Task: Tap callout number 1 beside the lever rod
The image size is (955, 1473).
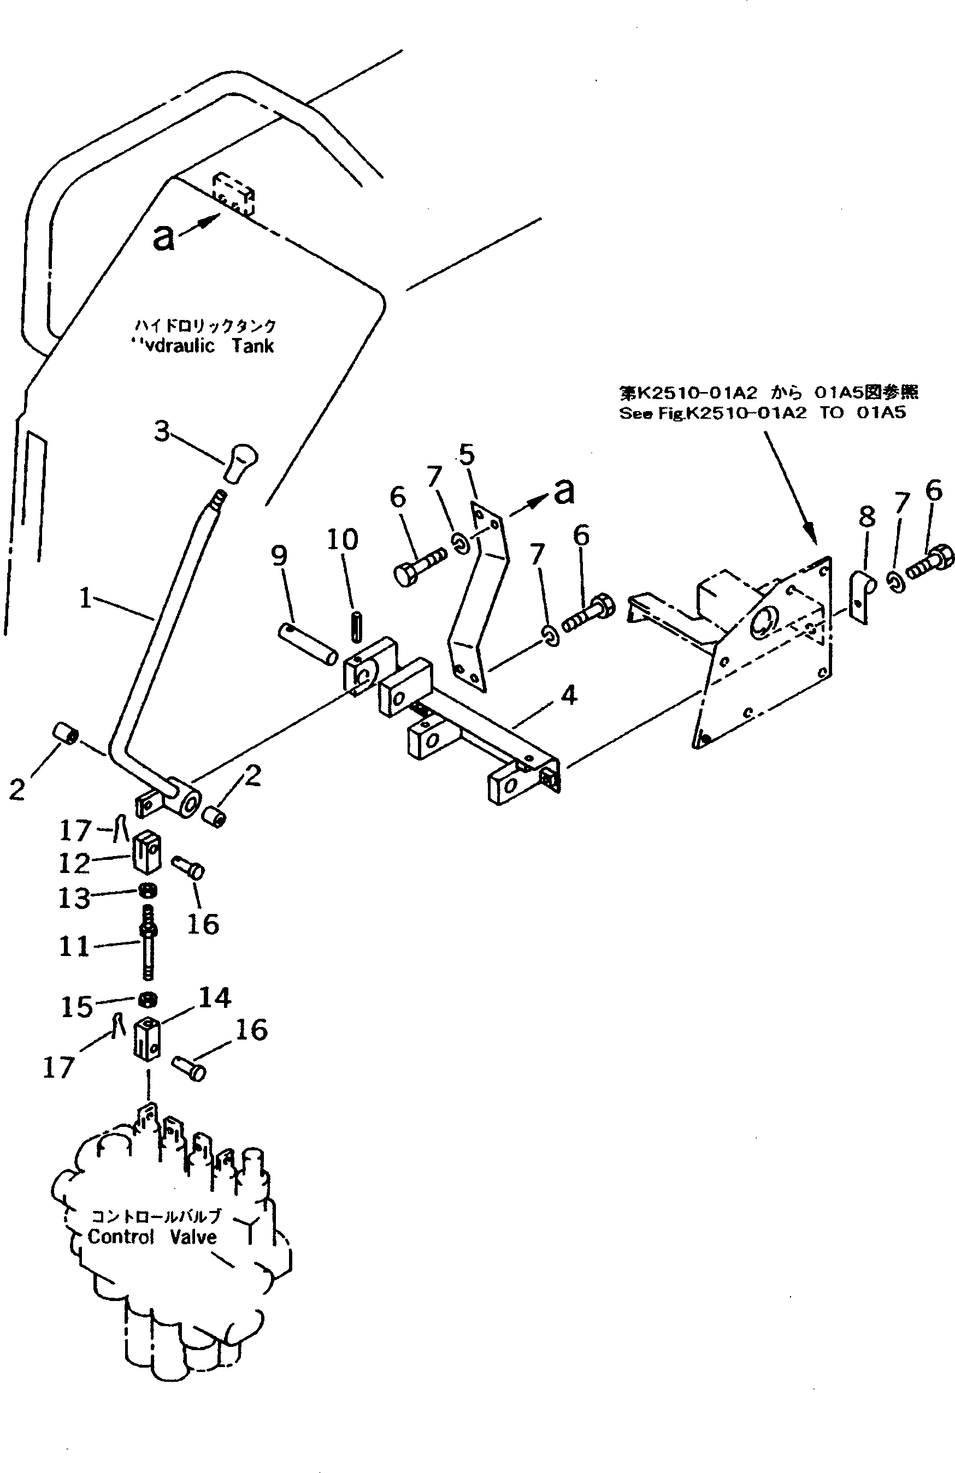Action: click(x=85, y=598)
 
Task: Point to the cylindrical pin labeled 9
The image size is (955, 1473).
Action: click(x=308, y=644)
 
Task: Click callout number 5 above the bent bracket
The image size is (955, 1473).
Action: click(x=467, y=455)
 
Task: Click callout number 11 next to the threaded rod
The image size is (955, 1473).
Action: click(x=74, y=946)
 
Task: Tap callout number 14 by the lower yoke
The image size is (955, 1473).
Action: click(x=214, y=997)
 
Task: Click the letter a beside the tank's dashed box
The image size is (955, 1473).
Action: click(x=163, y=237)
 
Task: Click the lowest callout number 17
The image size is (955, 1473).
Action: click(x=58, y=1067)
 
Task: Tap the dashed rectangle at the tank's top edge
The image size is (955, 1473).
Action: click(x=233, y=194)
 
